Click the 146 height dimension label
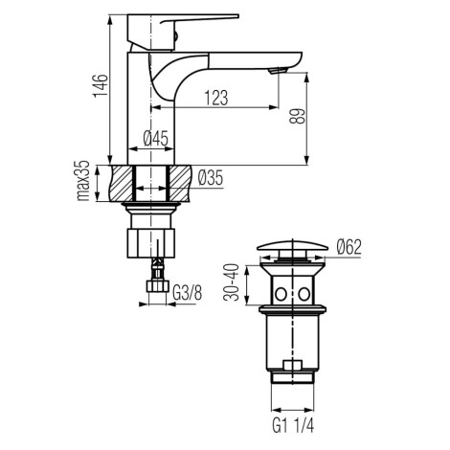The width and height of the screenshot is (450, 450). [x=101, y=85]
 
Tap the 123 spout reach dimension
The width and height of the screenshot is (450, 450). [x=216, y=98]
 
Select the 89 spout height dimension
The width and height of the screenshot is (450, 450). [x=298, y=116]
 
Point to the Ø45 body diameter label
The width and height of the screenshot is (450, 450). [x=155, y=139]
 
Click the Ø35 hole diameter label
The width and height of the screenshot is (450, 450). [x=211, y=178]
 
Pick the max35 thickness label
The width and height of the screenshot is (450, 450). [x=83, y=180]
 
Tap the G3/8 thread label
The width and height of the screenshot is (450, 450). [x=188, y=293]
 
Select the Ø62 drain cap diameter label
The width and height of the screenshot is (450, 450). [x=349, y=247]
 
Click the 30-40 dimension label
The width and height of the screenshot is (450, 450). [x=232, y=282]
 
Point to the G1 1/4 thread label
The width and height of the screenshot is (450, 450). [x=293, y=425]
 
